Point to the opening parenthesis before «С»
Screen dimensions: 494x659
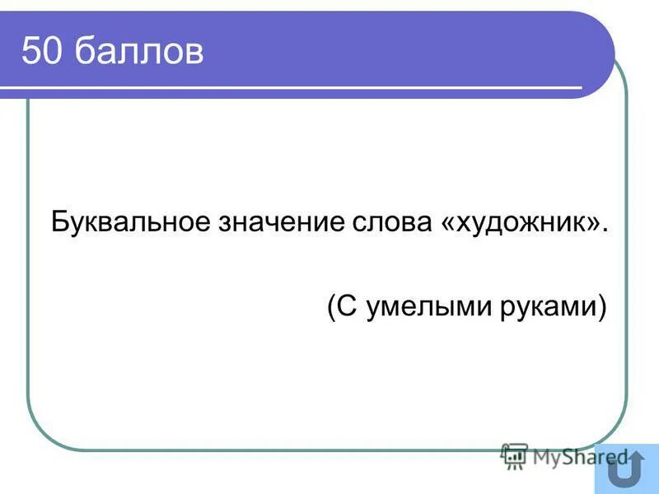pyautogui.click(x=331, y=308)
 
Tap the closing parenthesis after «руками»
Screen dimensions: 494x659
pyautogui.click(x=601, y=308)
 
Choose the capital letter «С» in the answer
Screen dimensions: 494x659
pyautogui.click(x=346, y=307)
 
